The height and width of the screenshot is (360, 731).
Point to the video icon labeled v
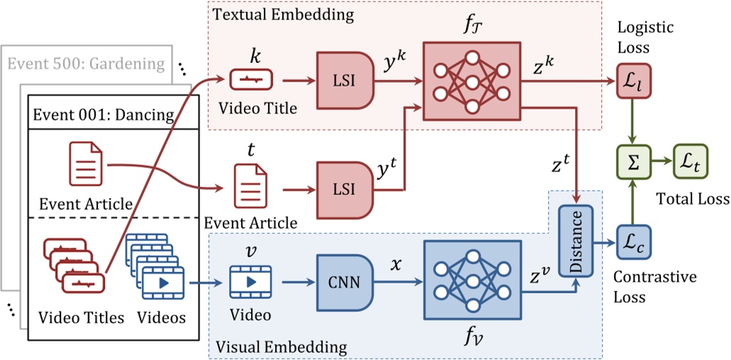tap(250, 281)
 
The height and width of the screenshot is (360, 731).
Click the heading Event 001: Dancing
tap(102, 113)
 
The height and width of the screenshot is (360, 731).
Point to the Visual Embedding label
tap(281, 347)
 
